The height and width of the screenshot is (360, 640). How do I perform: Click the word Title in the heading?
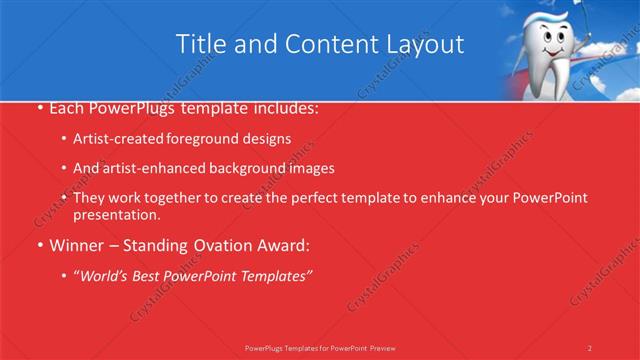point(200,44)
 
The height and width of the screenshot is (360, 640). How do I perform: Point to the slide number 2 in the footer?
point(589,348)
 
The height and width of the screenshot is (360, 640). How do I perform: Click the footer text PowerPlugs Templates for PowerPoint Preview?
point(320,348)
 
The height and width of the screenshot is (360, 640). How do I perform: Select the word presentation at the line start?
point(116,214)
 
